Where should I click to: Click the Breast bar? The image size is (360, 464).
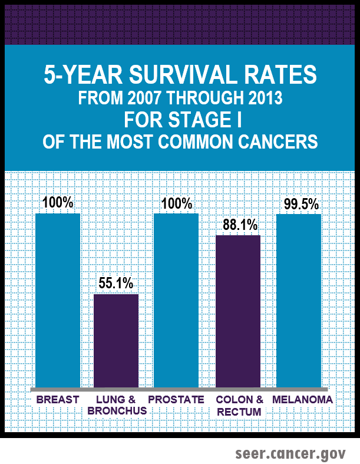click(x=58, y=301)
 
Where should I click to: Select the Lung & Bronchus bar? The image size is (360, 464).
click(x=117, y=341)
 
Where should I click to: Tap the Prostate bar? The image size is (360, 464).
click(x=176, y=301)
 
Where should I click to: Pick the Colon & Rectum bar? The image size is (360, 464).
click(x=238, y=312)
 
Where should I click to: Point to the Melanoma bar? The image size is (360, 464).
click(x=299, y=301)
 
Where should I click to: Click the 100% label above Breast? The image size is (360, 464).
click(x=58, y=203)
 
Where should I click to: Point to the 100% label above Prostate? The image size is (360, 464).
click(x=177, y=203)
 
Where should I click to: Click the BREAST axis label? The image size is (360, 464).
click(x=58, y=400)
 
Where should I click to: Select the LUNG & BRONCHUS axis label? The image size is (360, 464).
click(x=117, y=405)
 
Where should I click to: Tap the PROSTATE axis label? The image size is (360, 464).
click(x=176, y=400)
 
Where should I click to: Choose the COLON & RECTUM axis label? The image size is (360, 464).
click(x=239, y=405)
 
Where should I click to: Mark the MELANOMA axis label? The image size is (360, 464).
click(x=302, y=400)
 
